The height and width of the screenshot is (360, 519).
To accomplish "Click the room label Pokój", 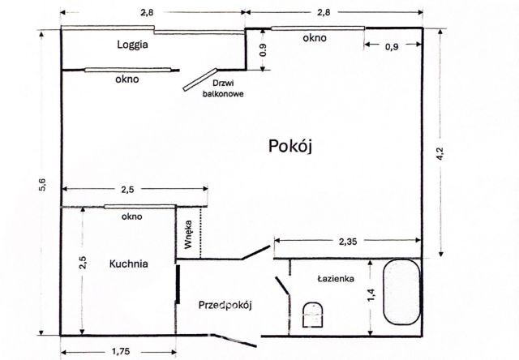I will tap(290, 146).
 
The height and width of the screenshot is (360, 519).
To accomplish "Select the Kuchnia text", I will tap(129, 264).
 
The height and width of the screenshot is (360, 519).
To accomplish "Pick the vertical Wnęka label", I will tap(187, 233).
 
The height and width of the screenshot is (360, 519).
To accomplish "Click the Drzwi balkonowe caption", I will tap(224, 88).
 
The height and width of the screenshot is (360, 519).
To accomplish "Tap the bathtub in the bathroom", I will tap(401, 294).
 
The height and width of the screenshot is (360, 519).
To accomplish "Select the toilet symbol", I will tap(312, 314).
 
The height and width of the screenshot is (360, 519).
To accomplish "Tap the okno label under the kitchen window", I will tap(131, 216).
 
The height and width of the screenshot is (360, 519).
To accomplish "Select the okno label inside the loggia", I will tap(127, 79).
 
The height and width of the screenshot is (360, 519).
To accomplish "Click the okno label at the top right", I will tap(315, 38).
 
